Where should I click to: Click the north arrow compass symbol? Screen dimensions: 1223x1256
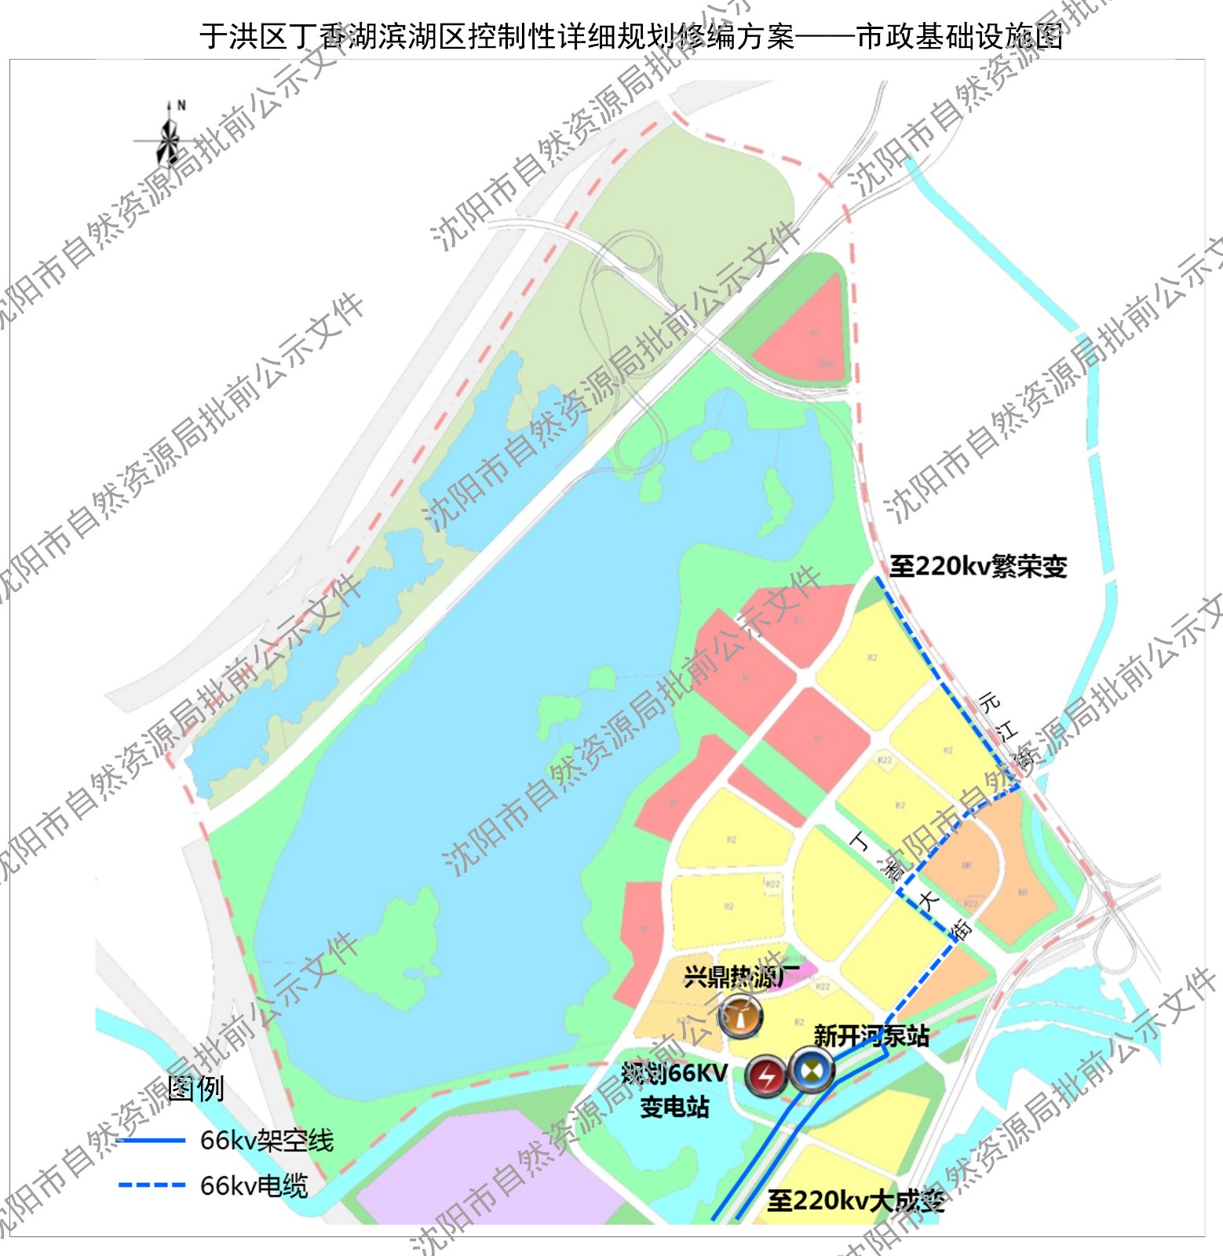[167, 139]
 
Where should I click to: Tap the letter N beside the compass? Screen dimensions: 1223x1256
[181, 105]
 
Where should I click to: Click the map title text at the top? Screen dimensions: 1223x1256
[631, 36]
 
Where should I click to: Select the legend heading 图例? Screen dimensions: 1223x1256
[195, 1089]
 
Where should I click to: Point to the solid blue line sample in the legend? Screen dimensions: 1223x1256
[152, 1141]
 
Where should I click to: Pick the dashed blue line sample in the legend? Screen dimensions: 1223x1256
[152, 1185]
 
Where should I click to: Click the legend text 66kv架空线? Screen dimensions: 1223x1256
[267, 1141]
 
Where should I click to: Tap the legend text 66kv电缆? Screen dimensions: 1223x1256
[254, 1185]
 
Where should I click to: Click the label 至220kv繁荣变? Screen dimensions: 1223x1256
[977, 566]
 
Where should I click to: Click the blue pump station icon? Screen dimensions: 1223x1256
[811, 1069]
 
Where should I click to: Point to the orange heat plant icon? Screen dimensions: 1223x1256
[740, 1017]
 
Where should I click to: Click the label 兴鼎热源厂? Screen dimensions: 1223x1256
[740, 977]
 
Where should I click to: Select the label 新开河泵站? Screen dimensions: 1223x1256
[871, 1036]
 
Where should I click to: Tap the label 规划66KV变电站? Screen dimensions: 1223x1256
[674, 1090]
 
